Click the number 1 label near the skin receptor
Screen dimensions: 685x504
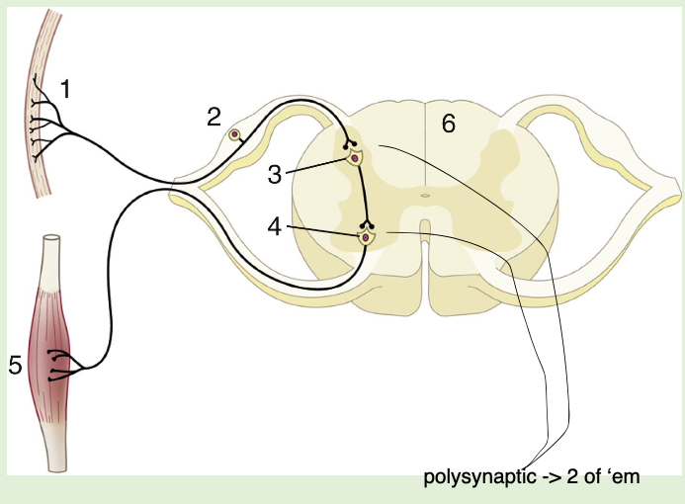(x=66, y=89)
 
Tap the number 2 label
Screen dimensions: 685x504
(x=214, y=118)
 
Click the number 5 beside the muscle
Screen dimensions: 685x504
(x=15, y=366)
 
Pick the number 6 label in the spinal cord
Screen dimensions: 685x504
(x=448, y=126)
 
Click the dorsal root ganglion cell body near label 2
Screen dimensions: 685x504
(x=235, y=135)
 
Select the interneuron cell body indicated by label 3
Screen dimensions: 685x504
(x=355, y=157)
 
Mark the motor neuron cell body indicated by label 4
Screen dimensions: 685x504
(x=367, y=236)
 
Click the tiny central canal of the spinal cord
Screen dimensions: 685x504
(x=424, y=195)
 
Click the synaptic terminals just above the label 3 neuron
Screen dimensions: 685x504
(x=349, y=144)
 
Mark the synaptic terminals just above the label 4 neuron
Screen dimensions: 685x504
(x=368, y=224)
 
